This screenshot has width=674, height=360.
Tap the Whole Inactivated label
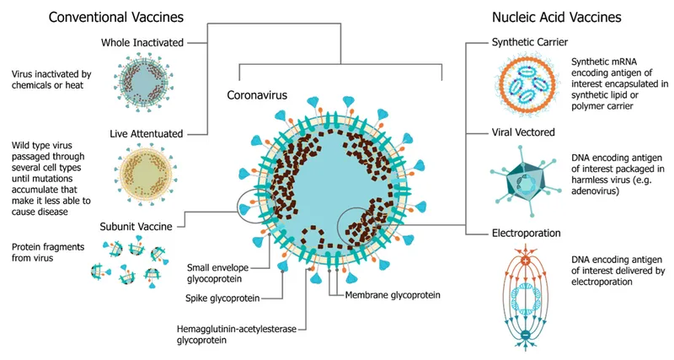tap(141, 42)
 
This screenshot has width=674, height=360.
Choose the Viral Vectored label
tap(523, 133)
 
